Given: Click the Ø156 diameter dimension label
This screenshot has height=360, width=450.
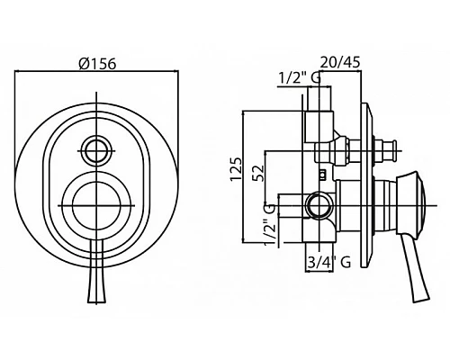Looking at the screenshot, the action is tap(97, 64).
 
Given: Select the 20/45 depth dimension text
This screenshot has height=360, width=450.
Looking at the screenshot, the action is tap(340, 62).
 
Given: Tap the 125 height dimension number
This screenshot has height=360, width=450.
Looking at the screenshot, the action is tap(236, 168).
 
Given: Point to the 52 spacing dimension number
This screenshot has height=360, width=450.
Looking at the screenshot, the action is tap(258, 173).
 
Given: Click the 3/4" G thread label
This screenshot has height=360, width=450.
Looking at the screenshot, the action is tap(328, 263).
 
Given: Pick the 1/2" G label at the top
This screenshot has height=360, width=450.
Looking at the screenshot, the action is tap(300, 78).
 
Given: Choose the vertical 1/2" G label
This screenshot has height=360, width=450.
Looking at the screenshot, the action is tap(270, 224).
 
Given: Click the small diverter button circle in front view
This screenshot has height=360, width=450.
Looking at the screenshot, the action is tap(96, 150).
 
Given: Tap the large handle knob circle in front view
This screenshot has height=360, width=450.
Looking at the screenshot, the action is tap(96, 206).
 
